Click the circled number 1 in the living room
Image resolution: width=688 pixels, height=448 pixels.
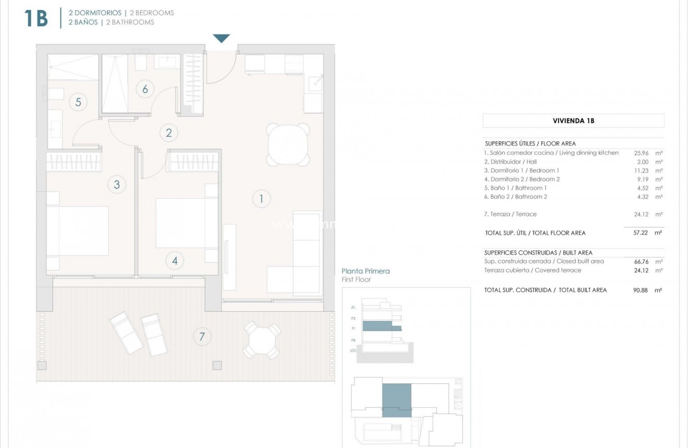tap(261, 198)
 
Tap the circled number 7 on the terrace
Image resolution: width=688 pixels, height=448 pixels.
tap(202, 336)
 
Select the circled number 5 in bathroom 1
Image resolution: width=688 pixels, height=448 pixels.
tap(78, 102)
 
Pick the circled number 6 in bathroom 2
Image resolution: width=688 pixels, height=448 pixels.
tap(145, 89)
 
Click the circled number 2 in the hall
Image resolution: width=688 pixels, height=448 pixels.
tap(168, 132)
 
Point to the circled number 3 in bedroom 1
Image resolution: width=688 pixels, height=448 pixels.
tap(117, 184)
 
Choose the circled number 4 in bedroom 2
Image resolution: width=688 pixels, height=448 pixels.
tap(175, 261)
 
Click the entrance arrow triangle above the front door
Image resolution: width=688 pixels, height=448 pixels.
tap(222, 38)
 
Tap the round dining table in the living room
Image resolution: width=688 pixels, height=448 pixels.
tap(287, 144)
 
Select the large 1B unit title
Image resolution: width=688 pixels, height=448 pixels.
tap(36, 18)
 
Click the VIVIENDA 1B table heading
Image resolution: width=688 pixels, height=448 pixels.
tap(573, 120)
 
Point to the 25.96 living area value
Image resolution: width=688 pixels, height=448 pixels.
tap(640, 153)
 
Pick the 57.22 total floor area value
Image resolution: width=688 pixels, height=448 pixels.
tap(640, 233)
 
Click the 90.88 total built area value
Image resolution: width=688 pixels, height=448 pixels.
tap(640, 290)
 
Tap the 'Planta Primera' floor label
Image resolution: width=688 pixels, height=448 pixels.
tap(365, 271)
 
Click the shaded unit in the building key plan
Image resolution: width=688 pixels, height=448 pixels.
tap(397, 399)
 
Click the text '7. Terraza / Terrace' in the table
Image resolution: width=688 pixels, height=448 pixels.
tap(510, 214)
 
